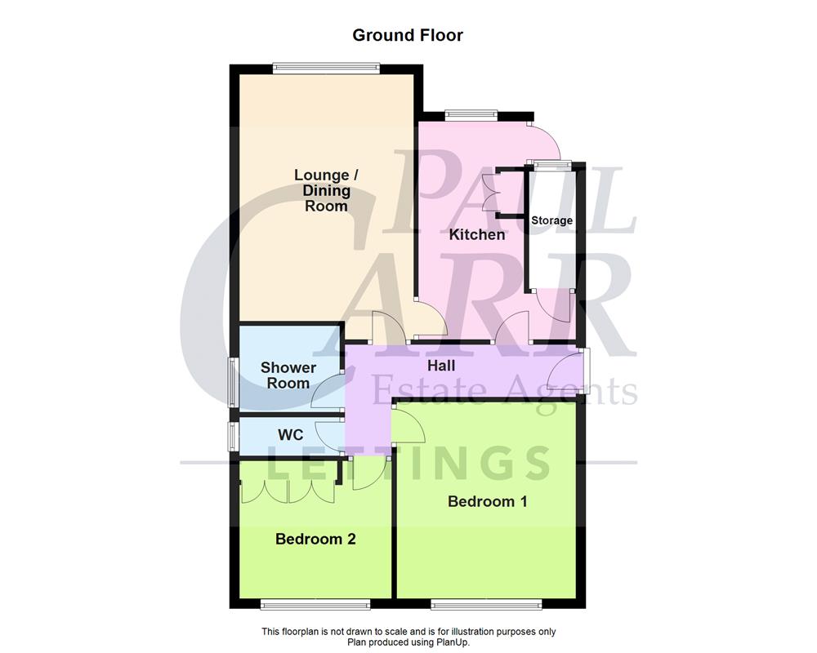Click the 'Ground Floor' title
(408, 35)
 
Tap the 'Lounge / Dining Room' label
(326, 190)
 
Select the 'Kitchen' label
(477, 234)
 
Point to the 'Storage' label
(552, 220)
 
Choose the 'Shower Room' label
(288, 375)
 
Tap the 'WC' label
(290, 435)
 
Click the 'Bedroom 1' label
(487, 501)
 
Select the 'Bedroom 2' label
(315, 539)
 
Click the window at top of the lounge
(326, 69)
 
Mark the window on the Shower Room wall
(232, 382)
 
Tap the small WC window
(232, 435)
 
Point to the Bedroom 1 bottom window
(486, 605)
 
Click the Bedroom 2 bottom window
(315, 605)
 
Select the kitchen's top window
(471, 114)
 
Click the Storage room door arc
(553, 305)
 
